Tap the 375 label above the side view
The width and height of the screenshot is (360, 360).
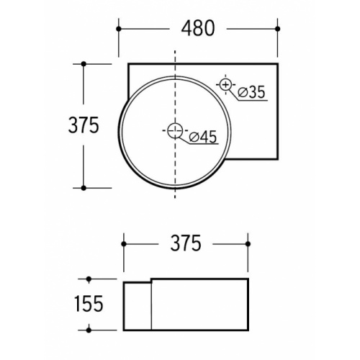click(185, 243)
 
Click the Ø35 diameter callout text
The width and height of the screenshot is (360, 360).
click(251, 92)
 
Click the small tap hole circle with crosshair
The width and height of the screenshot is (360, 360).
click(226, 86)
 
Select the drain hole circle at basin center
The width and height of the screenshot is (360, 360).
click(174, 131)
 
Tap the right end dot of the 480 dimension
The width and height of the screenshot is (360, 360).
click(278, 29)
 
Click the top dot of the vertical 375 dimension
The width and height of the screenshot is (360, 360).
click(84, 64)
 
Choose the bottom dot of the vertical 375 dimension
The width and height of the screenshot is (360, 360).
click(84, 188)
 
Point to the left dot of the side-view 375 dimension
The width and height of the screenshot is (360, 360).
click(125, 243)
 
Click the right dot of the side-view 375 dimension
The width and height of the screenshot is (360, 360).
click(248, 243)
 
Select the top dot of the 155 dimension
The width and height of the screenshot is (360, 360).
click(89, 278)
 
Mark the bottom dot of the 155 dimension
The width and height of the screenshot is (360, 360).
click(89, 330)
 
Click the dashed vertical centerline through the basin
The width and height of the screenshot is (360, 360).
click(175, 173)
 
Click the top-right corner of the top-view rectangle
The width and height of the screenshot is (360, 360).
click(277, 64)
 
